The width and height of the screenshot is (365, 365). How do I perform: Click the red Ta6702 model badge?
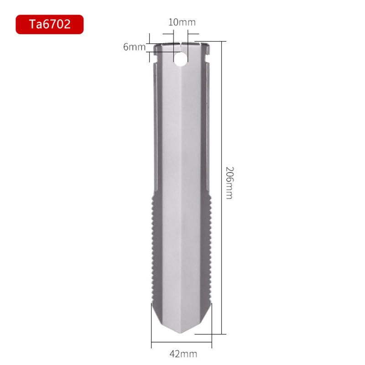coord(50,24)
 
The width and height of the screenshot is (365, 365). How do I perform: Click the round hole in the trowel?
coord(182,58)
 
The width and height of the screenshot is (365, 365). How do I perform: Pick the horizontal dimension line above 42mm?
coord(182,343)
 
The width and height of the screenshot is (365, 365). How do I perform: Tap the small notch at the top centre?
coord(182,46)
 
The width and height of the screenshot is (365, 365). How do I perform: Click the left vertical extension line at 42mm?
coord(152,324)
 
